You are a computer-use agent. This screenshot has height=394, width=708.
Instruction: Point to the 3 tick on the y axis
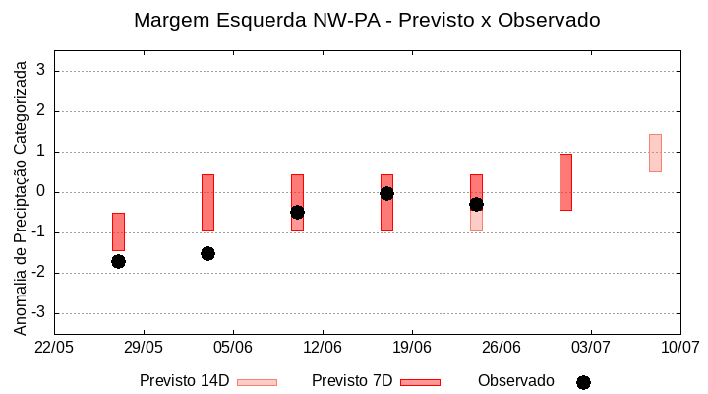click(40, 71)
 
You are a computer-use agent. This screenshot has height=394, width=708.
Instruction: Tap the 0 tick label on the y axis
click(40, 192)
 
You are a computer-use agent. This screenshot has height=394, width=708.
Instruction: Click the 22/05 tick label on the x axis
click(54, 348)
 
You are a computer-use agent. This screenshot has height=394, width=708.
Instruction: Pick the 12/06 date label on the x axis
click(323, 348)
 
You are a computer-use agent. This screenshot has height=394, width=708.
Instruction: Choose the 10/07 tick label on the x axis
click(679, 348)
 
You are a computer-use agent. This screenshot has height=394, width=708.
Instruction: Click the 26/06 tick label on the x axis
click(501, 348)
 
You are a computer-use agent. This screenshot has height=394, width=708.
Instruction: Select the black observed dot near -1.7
click(118, 261)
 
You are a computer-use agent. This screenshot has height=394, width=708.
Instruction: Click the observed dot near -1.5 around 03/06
click(207, 253)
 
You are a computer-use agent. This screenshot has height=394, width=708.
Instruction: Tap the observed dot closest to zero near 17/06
click(386, 193)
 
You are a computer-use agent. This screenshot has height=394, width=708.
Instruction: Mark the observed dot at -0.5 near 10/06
click(297, 212)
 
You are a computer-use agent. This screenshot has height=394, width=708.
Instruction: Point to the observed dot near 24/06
click(476, 204)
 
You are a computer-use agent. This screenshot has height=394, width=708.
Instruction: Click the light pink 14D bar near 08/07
click(655, 153)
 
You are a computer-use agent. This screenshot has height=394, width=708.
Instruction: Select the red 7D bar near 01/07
click(565, 181)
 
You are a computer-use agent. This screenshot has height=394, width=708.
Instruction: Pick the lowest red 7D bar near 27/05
click(118, 231)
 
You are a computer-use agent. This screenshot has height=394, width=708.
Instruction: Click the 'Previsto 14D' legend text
click(184, 381)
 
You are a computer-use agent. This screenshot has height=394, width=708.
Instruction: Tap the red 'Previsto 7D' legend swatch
click(420, 382)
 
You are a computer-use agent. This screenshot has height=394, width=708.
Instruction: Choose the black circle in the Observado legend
click(583, 382)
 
